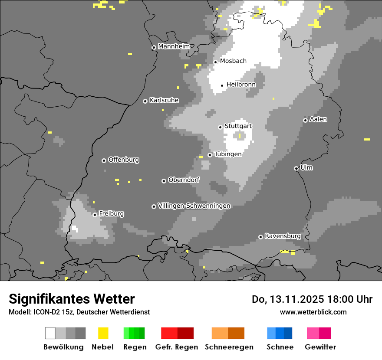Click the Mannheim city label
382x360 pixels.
pos(174,46)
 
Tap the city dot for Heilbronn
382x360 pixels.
pos(222,85)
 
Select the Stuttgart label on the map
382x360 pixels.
pos(238,126)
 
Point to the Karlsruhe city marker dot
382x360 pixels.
pos(145,101)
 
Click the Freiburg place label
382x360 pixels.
pos(111,214)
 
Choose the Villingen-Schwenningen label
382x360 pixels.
pos(194,206)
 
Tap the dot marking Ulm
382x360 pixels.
pos(296,168)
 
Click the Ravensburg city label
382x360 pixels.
pos(283,236)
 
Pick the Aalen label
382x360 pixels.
pos(318,119)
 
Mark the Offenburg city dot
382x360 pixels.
pos(104,160)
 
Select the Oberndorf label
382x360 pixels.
pos(184,180)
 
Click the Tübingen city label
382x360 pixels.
pos(228,154)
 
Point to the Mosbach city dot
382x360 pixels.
pos(215,62)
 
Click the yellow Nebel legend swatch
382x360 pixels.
pos(103,333)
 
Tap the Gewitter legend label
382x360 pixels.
pos(320,347)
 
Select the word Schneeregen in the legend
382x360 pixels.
pos(229,347)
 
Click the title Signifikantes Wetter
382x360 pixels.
pos(72,299)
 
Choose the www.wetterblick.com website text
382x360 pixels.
pos(313,312)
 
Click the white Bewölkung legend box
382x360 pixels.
pos(50,333)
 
